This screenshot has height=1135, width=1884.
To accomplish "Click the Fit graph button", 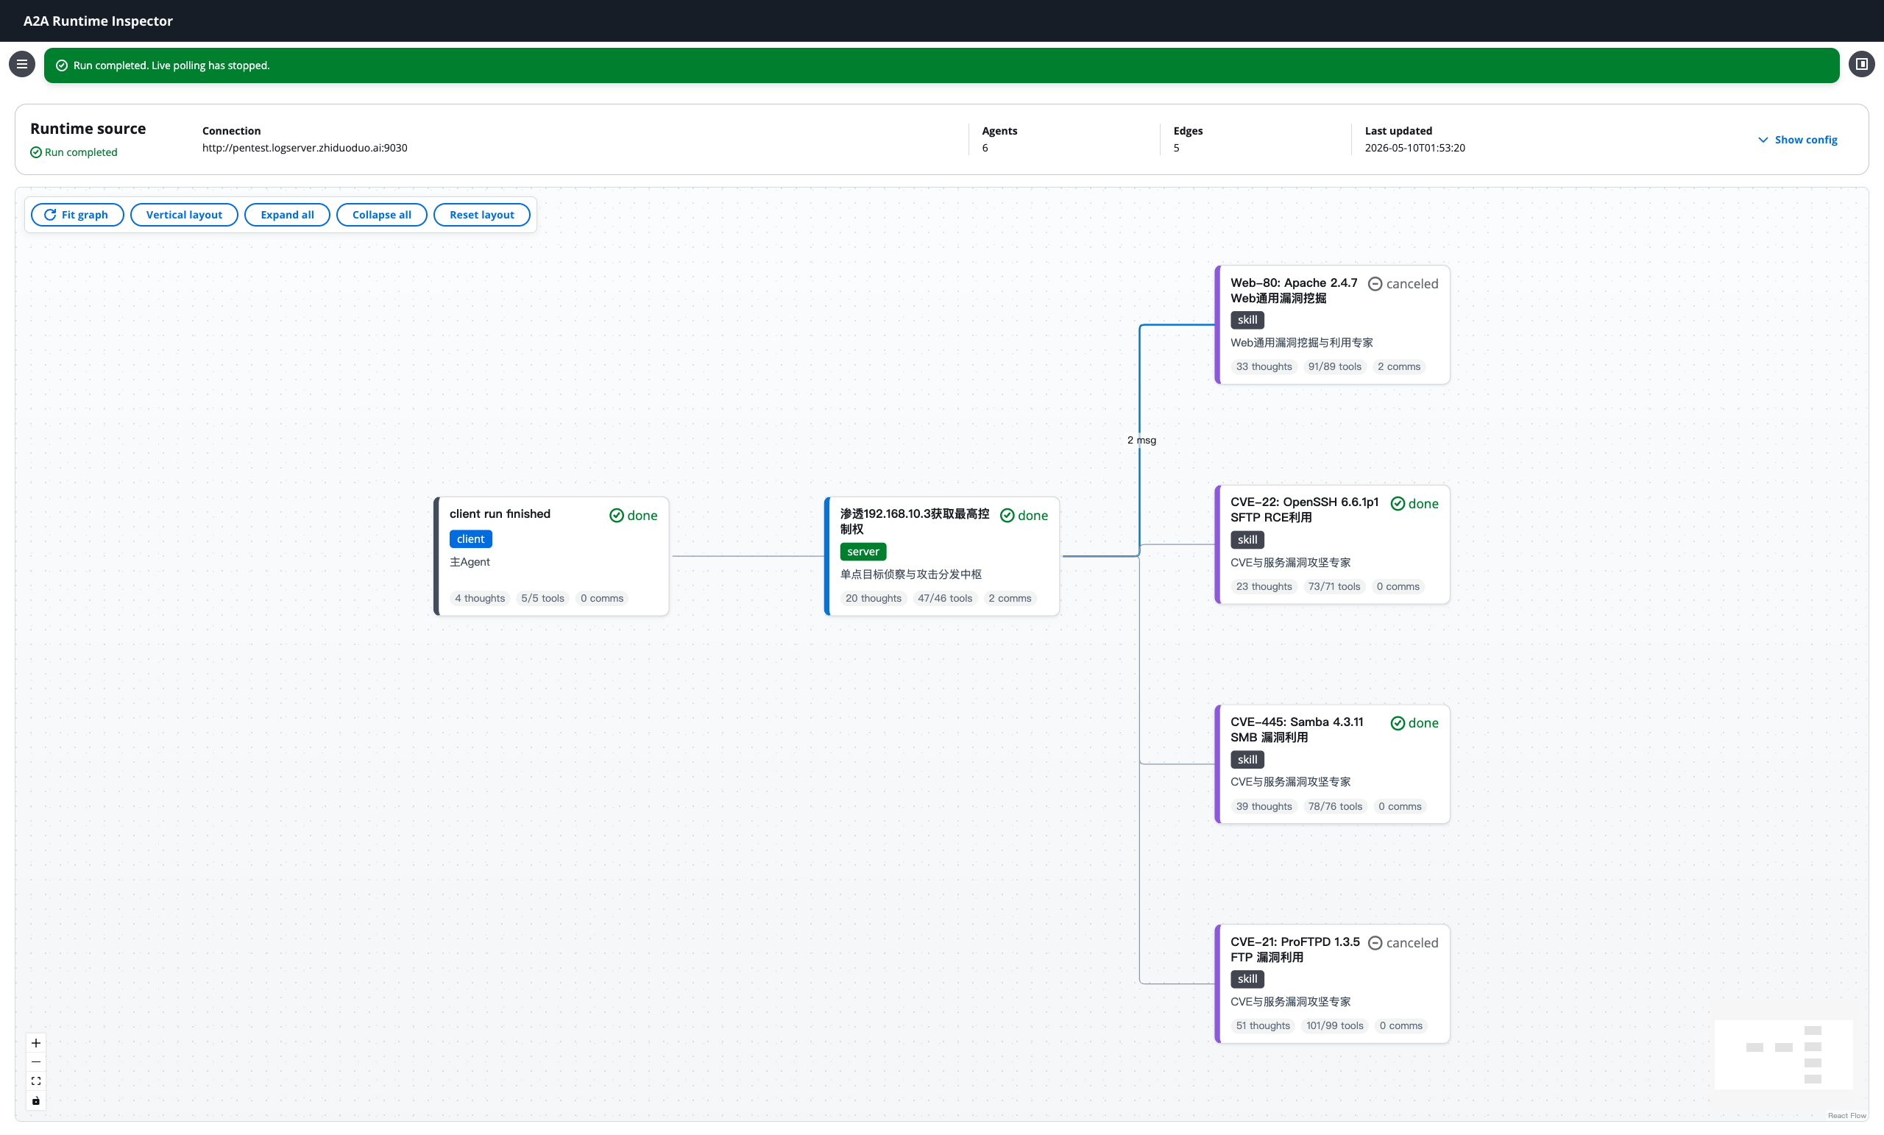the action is [77, 215].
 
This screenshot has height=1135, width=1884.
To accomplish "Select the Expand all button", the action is [287, 215].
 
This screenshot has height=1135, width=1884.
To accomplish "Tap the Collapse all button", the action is [381, 215].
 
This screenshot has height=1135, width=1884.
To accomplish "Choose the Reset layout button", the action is [482, 215].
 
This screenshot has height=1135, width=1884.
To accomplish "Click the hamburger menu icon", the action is [22, 64].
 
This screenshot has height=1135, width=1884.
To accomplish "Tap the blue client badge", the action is [470, 539].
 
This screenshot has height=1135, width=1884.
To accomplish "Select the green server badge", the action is [863, 551].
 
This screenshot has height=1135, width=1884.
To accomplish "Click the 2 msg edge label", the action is [1141, 440].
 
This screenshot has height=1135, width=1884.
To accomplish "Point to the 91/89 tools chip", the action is [1334, 367].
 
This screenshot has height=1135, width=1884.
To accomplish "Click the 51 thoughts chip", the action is [1262, 1025].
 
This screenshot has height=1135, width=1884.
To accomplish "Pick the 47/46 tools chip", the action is [944, 599].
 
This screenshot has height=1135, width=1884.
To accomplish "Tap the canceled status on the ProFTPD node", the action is [1403, 943].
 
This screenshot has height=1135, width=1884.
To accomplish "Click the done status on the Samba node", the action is [1414, 723].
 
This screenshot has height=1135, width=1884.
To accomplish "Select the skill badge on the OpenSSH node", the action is [1247, 540].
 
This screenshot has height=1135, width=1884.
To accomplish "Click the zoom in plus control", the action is [36, 1043].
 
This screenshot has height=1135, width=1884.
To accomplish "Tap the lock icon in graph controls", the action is [36, 1100].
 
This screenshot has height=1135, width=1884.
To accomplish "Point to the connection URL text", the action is [305, 148].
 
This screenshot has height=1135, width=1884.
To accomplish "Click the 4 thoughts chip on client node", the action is [479, 599].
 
